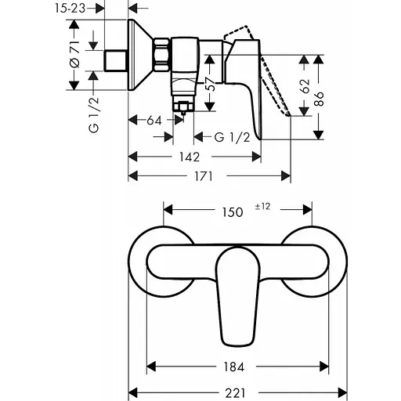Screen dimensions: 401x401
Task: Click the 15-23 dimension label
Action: [x=70, y=9]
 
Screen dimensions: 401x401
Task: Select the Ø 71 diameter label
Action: [x=75, y=54]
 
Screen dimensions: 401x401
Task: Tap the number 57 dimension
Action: [x=211, y=84]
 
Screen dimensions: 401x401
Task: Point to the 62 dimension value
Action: [x=305, y=86]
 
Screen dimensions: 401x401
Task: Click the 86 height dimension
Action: [x=319, y=99]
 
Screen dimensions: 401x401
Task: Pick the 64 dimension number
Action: [x=154, y=121]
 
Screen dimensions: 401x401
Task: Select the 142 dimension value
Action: [x=190, y=157]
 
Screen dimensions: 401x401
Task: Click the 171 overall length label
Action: [x=204, y=176]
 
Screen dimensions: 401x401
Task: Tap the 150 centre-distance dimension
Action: [x=233, y=212]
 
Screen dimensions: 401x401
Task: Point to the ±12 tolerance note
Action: [x=262, y=207]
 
